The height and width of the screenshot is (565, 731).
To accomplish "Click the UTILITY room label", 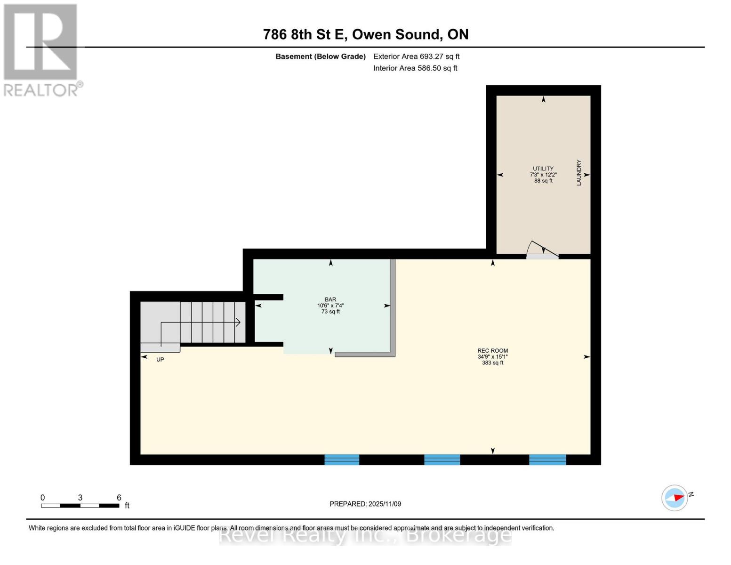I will (x=543, y=169).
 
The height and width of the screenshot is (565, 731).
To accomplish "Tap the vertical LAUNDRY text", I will (x=579, y=172).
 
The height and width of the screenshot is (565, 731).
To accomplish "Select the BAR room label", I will (x=330, y=299).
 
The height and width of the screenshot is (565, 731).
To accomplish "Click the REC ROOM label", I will (x=492, y=351).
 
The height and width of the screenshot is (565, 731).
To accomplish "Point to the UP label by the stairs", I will (x=160, y=360).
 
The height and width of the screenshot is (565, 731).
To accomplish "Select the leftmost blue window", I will (x=342, y=460).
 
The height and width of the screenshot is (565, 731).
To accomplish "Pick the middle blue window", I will (x=442, y=460).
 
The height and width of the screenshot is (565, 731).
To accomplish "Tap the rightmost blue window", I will (x=547, y=460).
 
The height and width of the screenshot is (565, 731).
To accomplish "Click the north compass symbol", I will (x=675, y=498).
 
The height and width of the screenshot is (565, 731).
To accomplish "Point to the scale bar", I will (x=80, y=506).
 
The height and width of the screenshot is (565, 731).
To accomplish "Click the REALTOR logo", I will (x=41, y=49).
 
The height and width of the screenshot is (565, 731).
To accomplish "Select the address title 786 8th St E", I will (x=365, y=34).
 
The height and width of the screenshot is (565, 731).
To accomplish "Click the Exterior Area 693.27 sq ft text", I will (x=416, y=56).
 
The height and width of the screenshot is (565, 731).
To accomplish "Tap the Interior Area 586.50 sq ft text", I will (x=415, y=68).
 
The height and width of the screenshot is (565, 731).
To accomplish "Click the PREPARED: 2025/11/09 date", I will (x=365, y=504).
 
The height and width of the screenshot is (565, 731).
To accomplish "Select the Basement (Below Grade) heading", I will (x=321, y=56).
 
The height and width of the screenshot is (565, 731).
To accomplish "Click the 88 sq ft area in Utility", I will (x=543, y=181).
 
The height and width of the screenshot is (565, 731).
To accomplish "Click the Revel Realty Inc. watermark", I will (x=365, y=535).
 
